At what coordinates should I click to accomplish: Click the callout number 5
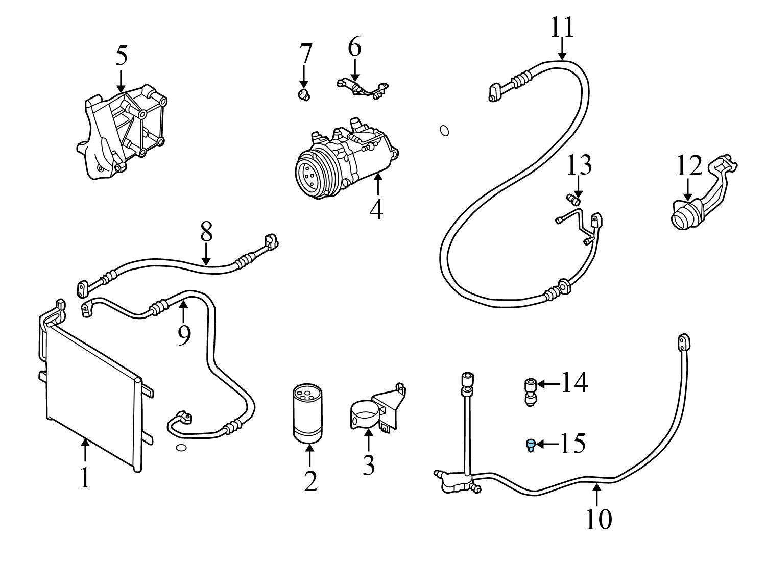(x=122, y=55)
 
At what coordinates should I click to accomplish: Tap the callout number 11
(x=562, y=27)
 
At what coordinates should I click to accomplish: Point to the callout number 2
(x=310, y=481)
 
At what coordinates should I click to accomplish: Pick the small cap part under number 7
(x=304, y=94)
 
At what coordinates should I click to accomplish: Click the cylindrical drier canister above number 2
(x=307, y=413)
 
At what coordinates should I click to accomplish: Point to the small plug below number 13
(x=573, y=199)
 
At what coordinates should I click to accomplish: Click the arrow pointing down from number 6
(x=355, y=70)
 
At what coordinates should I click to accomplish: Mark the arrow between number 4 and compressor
(x=377, y=184)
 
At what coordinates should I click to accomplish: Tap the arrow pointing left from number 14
(x=548, y=384)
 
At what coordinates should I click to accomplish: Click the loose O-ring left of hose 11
(x=444, y=131)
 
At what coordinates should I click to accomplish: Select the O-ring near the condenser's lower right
(x=181, y=448)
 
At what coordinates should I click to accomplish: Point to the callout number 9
(x=184, y=335)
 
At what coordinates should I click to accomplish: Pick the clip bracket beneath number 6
(x=363, y=89)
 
